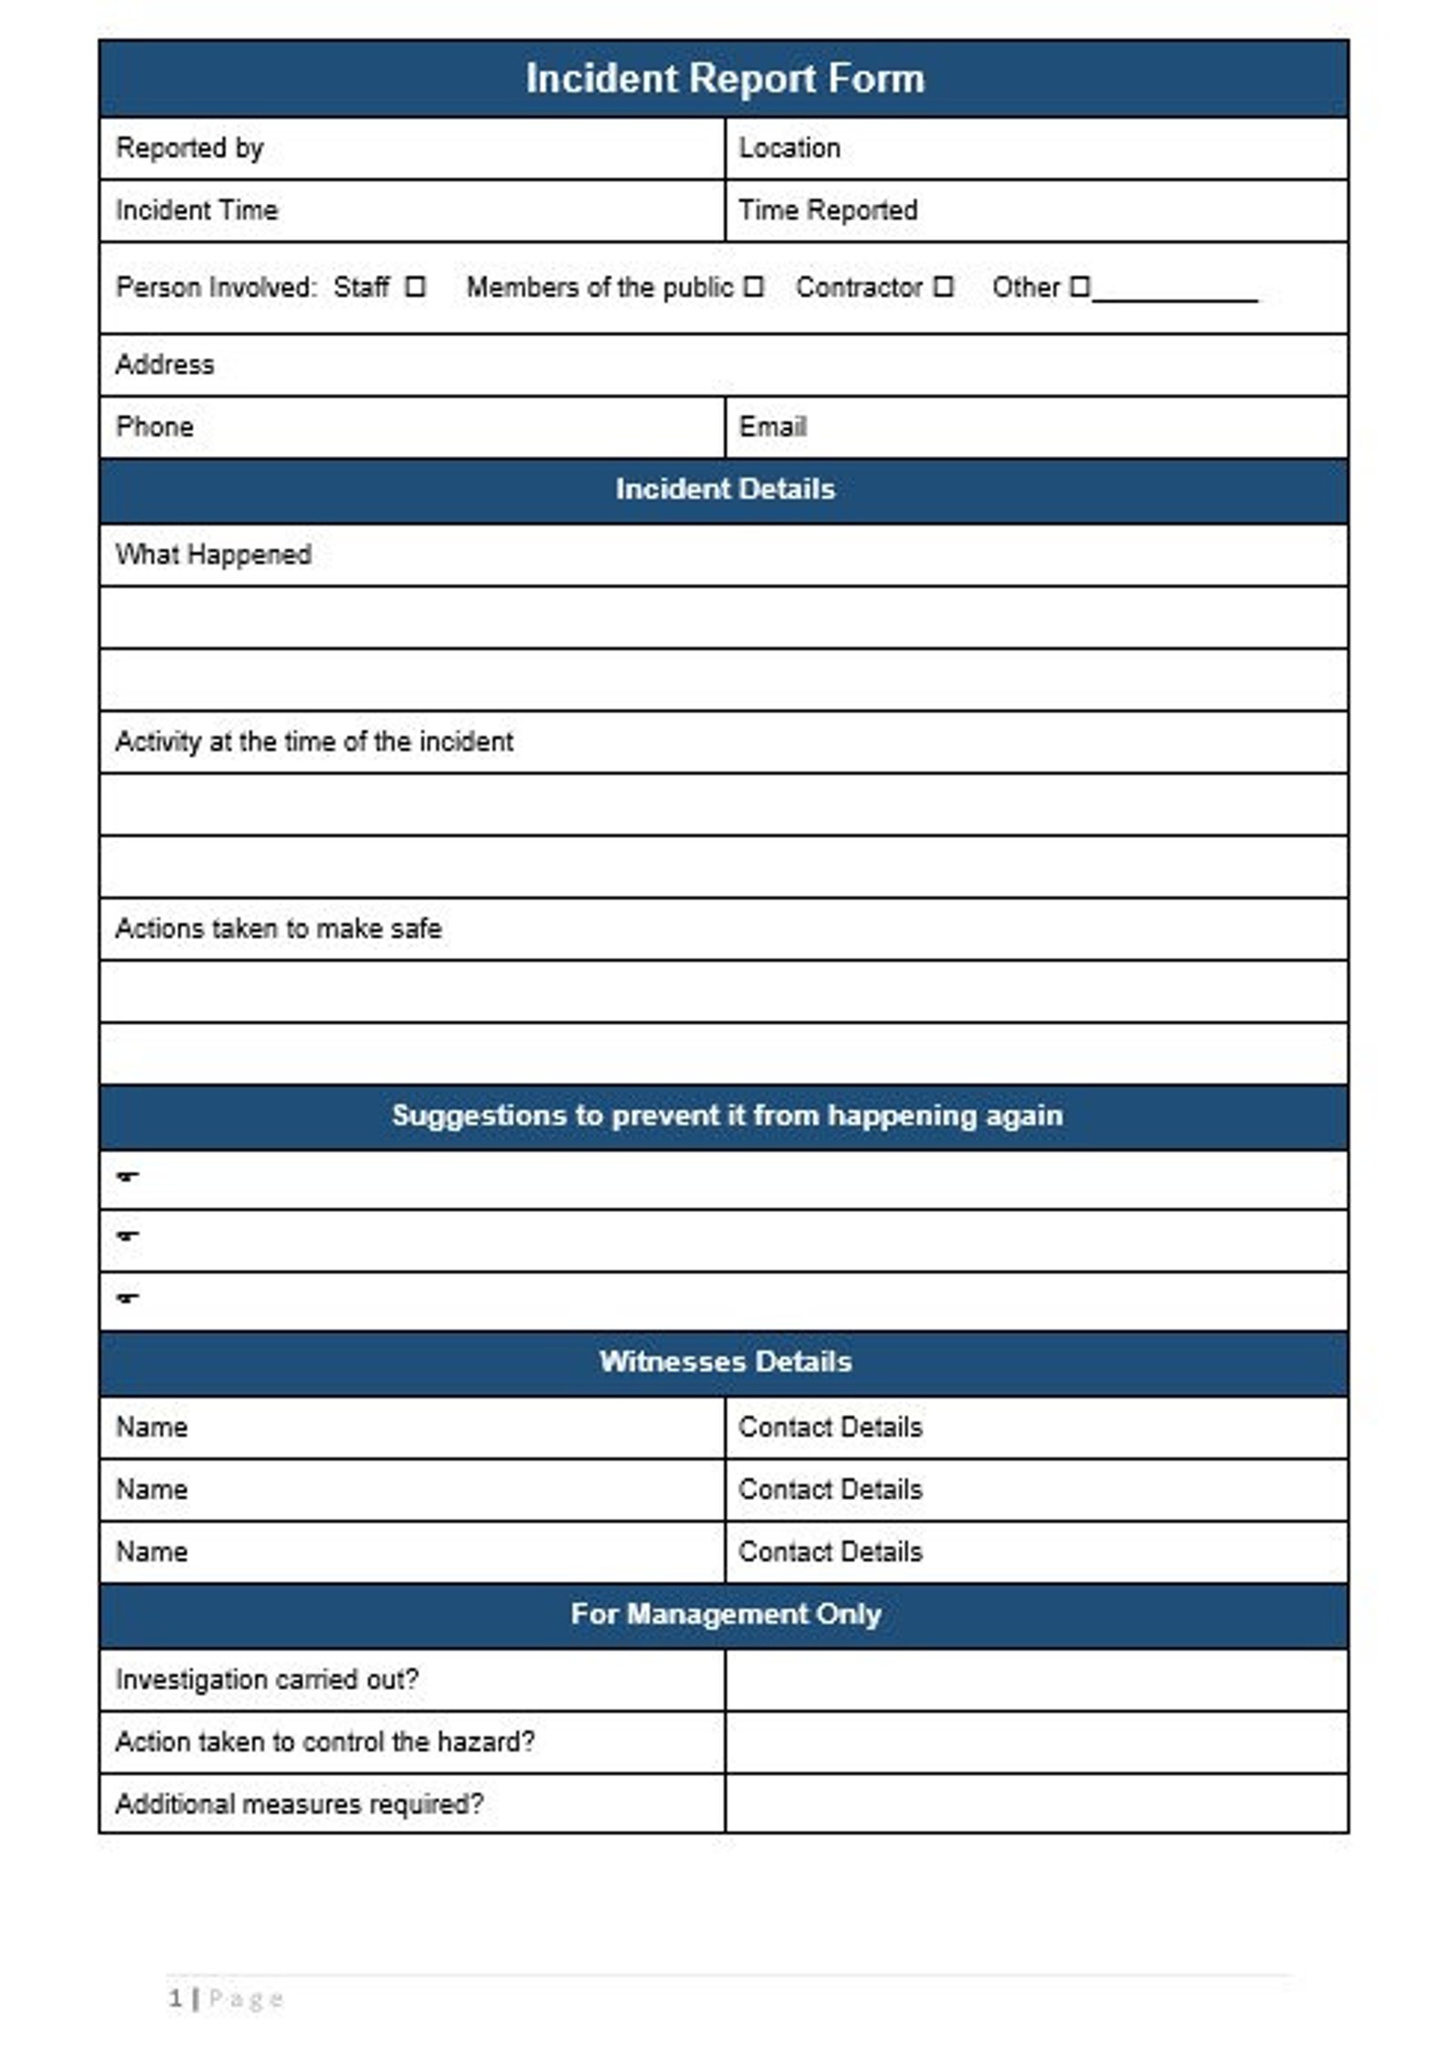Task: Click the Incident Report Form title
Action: click(725, 79)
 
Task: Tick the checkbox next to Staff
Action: click(416, 287)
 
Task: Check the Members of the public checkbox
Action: click(753, 287)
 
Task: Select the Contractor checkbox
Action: click(944, 287)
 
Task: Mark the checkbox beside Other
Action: click(1079, 287)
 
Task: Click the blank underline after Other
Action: click(1175, 294)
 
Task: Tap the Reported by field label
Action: click(189, 148)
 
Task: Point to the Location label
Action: click(789, 148)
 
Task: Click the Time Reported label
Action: click(827, 210)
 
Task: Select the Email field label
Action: click(772, 427)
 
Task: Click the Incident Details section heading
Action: click(725, 489)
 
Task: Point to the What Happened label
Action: click(213, 555)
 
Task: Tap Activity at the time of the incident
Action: click(313, 741)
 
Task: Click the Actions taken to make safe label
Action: click(278, 929)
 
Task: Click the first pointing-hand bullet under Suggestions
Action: click(128, 1176)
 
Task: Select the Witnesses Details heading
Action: click(725, 1362)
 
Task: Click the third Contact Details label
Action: click(830, 1551)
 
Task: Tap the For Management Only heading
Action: click(725, 1613)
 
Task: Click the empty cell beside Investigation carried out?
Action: click(1036, 1679)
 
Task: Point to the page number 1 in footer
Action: click(175, 1998)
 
